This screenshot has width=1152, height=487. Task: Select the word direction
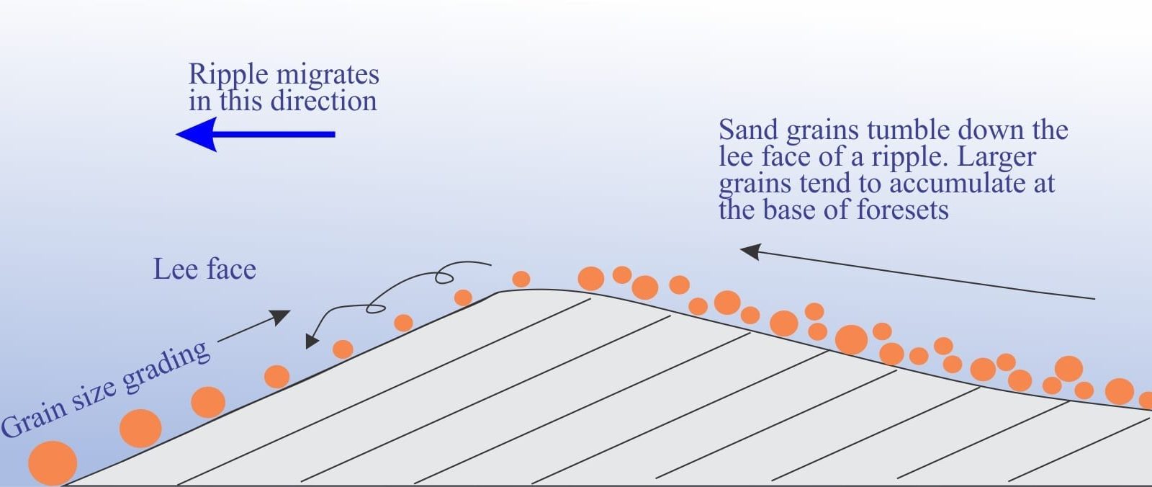323,100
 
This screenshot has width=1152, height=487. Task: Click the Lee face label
204,269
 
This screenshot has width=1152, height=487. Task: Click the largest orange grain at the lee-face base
53,463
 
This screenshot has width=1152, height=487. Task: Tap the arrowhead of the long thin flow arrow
750,251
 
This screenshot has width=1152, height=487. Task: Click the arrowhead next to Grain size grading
282,316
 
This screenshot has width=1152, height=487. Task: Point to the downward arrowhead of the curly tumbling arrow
311,341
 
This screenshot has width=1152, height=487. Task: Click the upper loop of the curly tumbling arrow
444,277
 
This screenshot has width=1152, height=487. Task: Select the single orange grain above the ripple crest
521,279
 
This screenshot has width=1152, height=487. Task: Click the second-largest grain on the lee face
140,429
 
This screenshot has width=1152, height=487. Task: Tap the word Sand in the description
748,130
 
